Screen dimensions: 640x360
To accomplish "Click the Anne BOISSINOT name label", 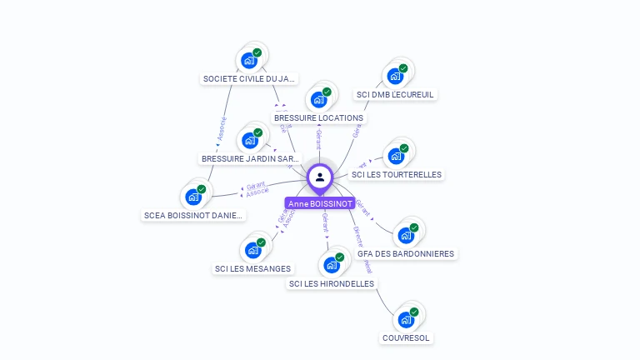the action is pos(320,203).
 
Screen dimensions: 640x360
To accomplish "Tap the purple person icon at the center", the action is pos(320,177).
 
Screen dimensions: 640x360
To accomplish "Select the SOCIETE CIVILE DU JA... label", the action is pos(249,79).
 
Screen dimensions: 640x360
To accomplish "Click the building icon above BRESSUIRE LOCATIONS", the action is pos(318,100).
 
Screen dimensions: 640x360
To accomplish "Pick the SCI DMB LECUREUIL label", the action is pos(395,95).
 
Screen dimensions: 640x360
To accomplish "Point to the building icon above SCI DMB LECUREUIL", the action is pos(395,77).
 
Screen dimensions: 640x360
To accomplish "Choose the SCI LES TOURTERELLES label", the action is pos(397,175).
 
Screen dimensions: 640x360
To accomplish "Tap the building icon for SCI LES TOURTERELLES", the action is pos(396,157).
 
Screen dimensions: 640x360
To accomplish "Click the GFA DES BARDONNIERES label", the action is pos(406,253).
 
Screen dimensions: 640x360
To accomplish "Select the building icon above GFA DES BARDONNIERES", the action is pos(406,235).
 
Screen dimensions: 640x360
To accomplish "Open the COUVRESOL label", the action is pos(406,337).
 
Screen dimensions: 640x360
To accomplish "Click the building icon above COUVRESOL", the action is pos(406,319).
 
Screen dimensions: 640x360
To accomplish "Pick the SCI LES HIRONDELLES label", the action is pos(332,284).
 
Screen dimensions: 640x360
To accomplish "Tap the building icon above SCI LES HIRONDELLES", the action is pos(332,266).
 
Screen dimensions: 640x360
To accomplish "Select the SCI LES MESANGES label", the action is pos(252,268).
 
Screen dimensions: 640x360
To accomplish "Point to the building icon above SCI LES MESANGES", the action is pos(252,250).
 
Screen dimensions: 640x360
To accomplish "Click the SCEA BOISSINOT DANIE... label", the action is pos(194,215).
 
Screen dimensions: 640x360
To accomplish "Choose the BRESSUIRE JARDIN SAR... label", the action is pos(250,158).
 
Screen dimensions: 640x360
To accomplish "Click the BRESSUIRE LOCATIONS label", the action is pos(318,118).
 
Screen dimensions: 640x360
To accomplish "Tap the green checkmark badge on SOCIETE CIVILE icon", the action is pos(257,52).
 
